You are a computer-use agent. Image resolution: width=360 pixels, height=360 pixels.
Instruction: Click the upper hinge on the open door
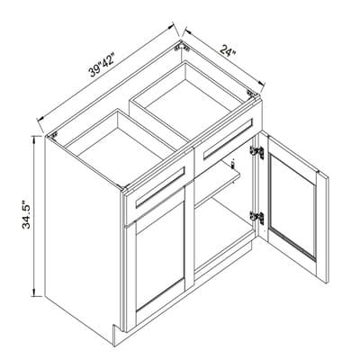tap(257, 152)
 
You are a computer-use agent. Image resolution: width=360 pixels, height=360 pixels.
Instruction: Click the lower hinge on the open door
tap(257, 218)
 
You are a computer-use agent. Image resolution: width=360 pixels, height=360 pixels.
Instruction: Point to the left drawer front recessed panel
tap(160, 187)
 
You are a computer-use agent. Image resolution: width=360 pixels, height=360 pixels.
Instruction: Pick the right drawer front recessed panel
tap(229, 139)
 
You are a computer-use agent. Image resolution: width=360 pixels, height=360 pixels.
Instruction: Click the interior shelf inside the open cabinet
tap(217, 186)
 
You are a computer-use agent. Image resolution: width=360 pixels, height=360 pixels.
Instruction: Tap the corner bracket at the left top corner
tap(54, 135)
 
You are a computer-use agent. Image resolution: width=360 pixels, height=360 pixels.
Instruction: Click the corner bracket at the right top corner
tap(250, 93)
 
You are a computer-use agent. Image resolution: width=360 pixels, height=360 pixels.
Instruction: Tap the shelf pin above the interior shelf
tap(232, 164)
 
